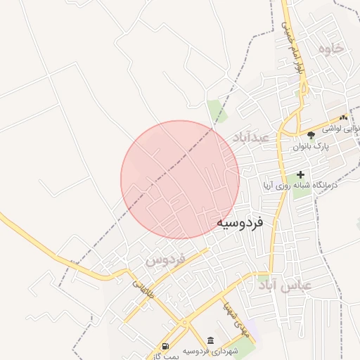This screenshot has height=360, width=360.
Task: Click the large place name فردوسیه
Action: pyautogui.click(x=239, y=223)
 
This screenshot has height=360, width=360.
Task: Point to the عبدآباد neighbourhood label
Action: pyautogui.click(x=250, y=136)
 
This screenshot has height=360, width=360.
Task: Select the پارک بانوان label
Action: pyautogui.click(x=311, y=146)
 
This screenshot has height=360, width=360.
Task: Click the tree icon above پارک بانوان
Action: pyautogui.click(x=311, y=134)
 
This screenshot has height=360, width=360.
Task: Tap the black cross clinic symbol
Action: pyautogui.click(x=301, y=174)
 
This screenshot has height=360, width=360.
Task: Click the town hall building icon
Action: pyautogui.click(x=211, y=340)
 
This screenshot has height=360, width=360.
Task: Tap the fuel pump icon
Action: pyautogui.click(x=165, y=346)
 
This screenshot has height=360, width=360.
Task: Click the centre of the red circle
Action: pyautogui.click(x=180, y=179)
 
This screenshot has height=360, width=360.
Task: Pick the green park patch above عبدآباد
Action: pyautogui.click(x=214, y=110)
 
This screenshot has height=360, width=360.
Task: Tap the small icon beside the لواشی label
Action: pyautogui.click(x=343, y=118)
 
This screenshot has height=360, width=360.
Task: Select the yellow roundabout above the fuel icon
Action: pyautogui.click(x=184, y=323)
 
